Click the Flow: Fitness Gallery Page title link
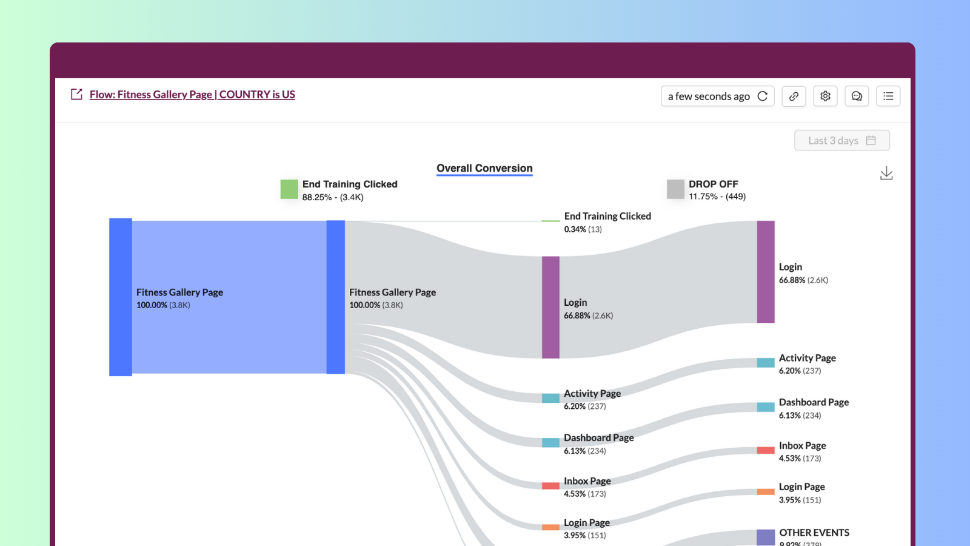(x=192, y=95)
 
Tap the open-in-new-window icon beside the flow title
(x=76, y=94)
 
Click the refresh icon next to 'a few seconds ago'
(x=763, y=96)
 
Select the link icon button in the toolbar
(x=794, y=96)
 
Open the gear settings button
(x=825, y=96)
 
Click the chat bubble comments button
(x=857, y=96)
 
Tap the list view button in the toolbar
(x=888, y=96)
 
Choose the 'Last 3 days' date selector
(x=841, y=140)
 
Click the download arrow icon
(x=886, y=174)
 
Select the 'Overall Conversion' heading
(x=484, y=168)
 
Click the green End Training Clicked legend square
(x=289, y=189)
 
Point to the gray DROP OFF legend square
(x=675, y=189)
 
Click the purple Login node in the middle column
(x=550, y=307)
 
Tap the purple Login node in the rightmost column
(x=766, y=272)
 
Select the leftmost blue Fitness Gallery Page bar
(x=121, y=297)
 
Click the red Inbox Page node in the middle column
(x=550, y=486)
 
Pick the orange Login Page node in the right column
(x=766, y=491)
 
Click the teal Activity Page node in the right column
(x=766, y=363)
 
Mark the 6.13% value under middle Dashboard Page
(x=575, y=451)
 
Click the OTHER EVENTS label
(x=814, y=533)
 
